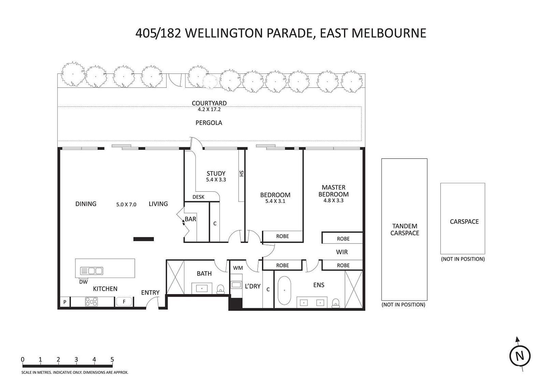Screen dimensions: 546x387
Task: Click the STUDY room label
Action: pos(216,174)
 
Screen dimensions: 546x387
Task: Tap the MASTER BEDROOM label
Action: pos(333,191)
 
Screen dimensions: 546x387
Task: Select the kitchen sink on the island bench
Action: pos(92,271)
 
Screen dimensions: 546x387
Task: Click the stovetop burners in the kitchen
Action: pos(91,302)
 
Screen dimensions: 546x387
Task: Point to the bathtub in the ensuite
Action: pos(284,290)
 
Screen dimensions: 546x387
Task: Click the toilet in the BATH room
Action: pos(220,289)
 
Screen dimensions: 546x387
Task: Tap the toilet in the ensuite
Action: pos(336,303)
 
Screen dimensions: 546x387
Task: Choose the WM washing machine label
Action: pos(238,268)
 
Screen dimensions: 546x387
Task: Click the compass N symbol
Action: pos(520,356)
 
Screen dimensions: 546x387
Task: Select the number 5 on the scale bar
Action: pos(112,359)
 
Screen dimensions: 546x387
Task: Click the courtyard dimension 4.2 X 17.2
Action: pos(209,110)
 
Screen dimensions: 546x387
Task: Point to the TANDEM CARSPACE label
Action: pos(405,230)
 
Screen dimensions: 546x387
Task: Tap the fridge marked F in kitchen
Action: pos(124,302)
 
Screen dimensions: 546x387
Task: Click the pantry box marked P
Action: pos(65,302)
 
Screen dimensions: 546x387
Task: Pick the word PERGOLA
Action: pos(209,123)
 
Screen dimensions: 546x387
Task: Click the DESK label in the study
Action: pos(198,197)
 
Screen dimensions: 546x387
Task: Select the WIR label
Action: pos(342,252)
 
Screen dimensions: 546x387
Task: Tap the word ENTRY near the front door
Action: pos(150,293)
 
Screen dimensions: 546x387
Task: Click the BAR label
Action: pos(190,219)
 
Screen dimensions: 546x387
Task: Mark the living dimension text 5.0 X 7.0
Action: pos(126,205)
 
